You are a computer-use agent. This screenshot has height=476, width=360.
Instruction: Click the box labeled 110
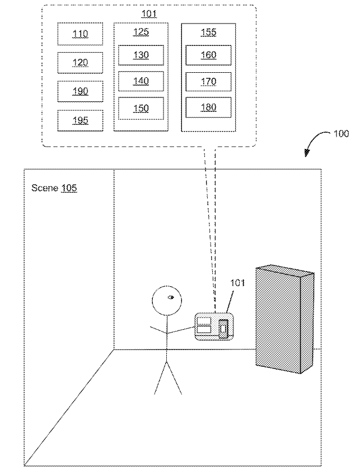click(x=80, y=34)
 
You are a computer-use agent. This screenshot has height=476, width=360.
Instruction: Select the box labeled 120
click(x=80, y=62)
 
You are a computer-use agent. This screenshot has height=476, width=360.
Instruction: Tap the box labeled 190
click(x=80, y=91)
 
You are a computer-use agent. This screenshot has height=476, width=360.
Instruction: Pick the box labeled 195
click(x=80, y=120)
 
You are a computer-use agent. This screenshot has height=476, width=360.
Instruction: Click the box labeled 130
click(x=141, y=55)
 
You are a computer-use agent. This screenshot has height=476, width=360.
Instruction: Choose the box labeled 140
click(x=141, y=81)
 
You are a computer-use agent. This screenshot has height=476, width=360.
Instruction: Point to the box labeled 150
click(x=141, y=108)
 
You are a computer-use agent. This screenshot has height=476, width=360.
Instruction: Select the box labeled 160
click(x=208, y=55)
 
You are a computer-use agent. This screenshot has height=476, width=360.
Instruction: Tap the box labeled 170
click(x=208, y=81)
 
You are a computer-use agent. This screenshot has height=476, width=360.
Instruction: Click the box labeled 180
click(x=208, y=108)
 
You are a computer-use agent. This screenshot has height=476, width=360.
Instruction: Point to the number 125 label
click(x=141, y=32)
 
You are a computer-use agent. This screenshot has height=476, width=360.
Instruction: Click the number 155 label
click(x=208, y=32)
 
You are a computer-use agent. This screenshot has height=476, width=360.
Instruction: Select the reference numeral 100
click(x=341, y=134)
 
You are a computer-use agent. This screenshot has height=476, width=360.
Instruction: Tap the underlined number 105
click(x=69, y=188)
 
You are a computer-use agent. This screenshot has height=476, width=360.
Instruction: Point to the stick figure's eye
click(x=171, y=297)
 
